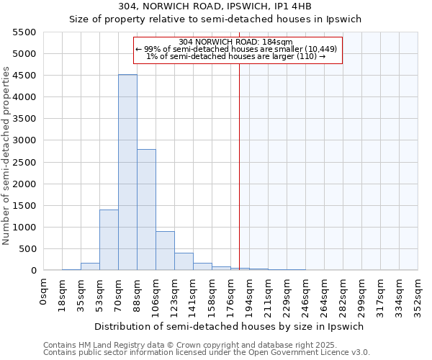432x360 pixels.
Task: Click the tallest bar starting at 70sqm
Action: (127, 173)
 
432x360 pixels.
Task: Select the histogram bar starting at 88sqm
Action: (146, 210)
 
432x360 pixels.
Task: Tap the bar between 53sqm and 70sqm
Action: (109, 240)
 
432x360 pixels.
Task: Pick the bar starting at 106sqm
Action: (165, 251)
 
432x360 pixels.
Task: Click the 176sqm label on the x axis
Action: (231, 295)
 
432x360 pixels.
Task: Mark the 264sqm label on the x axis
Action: (325, 295)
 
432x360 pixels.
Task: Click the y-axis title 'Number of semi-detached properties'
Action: (6, 156)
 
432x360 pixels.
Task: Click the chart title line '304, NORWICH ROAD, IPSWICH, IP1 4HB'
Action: (215, 6)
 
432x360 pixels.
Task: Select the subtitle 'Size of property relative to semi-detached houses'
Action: (215, 19)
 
